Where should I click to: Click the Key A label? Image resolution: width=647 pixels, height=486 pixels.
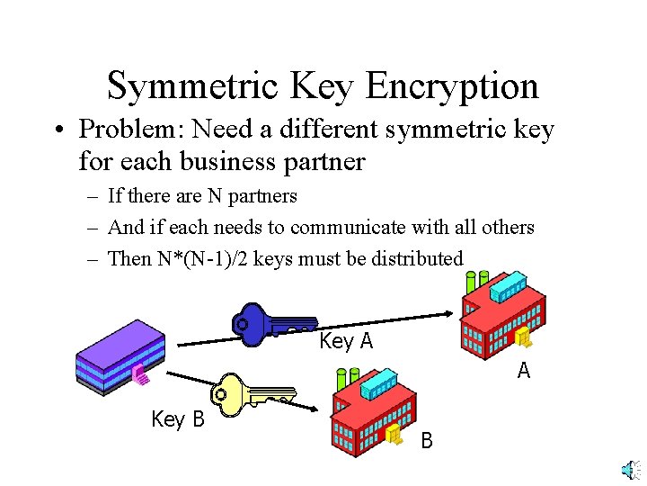click(346, 341)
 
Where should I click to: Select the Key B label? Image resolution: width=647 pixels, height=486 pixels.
click(178, 419)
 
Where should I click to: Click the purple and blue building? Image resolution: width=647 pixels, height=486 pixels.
click(120, 356)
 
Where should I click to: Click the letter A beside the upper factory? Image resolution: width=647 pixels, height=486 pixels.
click(524, 371)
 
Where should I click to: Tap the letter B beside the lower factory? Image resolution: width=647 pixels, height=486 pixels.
click(427, 441)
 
